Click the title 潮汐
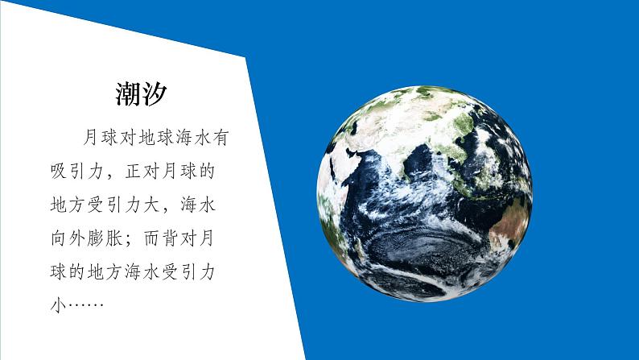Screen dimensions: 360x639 click(x=141, y=95)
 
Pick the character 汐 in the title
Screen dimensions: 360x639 click(x=154, y=95)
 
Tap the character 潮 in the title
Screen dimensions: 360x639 click(x=128, y=95)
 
